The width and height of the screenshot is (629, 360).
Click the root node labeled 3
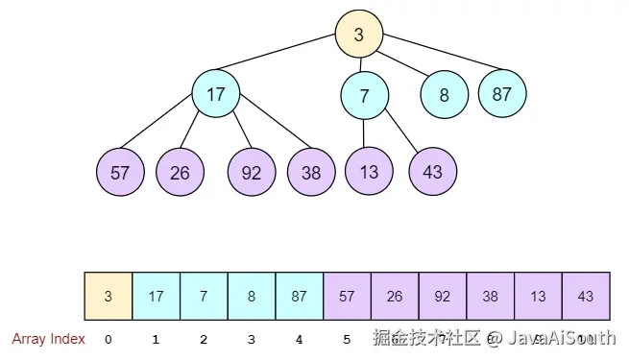(359, 36)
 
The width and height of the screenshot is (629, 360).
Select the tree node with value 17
(215, 94)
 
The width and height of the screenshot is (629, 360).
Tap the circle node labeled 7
(364, 95)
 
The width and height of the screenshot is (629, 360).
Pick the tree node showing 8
(444, 95)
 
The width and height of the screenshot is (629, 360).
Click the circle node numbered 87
(502, 94)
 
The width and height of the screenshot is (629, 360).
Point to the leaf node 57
(120, 173)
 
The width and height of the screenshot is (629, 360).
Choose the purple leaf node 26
(180, 173)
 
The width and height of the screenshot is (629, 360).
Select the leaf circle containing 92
(252, 173)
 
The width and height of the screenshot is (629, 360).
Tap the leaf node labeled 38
(310, 173)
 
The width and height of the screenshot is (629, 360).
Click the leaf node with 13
(370, 173)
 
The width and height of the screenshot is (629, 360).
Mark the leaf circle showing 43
(432, 173)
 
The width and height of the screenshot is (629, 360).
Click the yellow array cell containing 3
(109, 297)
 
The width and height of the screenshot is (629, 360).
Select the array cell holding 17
(156, 297)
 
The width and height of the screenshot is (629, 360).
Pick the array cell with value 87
(299, 297)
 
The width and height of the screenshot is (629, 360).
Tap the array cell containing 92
(442, 297)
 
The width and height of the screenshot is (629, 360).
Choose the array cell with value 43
(585, 297)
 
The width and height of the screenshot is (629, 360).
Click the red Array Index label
(49, 339)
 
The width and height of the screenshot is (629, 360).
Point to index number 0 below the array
(108, 339)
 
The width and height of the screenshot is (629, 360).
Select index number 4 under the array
(299, 339)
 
